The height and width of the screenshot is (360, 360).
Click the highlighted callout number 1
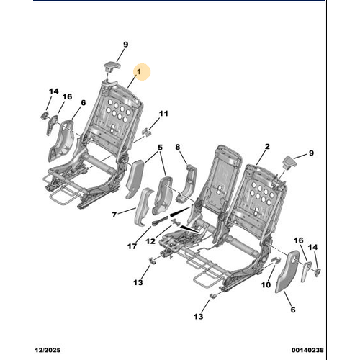[139, 72]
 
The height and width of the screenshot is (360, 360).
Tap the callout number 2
[267, 146]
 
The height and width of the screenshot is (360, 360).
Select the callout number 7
[114, 215]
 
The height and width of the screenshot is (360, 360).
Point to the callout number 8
[178, 147]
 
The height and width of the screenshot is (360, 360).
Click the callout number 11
[163, 113]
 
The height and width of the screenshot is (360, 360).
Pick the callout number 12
[150, 241]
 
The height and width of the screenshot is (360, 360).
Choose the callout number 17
[132, 246]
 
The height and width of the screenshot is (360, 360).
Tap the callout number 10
[266, 285]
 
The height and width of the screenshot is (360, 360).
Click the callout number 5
[160, 148]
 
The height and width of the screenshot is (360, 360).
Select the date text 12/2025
[48, 350]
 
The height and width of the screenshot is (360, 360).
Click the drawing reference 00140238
[307, 350]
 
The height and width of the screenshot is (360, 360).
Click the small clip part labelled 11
[147, 132]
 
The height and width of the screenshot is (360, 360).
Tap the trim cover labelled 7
[143, 207]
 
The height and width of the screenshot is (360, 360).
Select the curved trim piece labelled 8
[188, 183]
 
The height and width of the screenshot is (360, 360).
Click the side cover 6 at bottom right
[287, 271]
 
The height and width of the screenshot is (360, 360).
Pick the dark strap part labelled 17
[160, 220]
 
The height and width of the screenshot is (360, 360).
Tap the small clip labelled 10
[276, 260]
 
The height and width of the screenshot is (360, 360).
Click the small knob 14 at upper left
[45, 115]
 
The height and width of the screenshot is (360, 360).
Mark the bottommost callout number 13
[199, 317]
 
